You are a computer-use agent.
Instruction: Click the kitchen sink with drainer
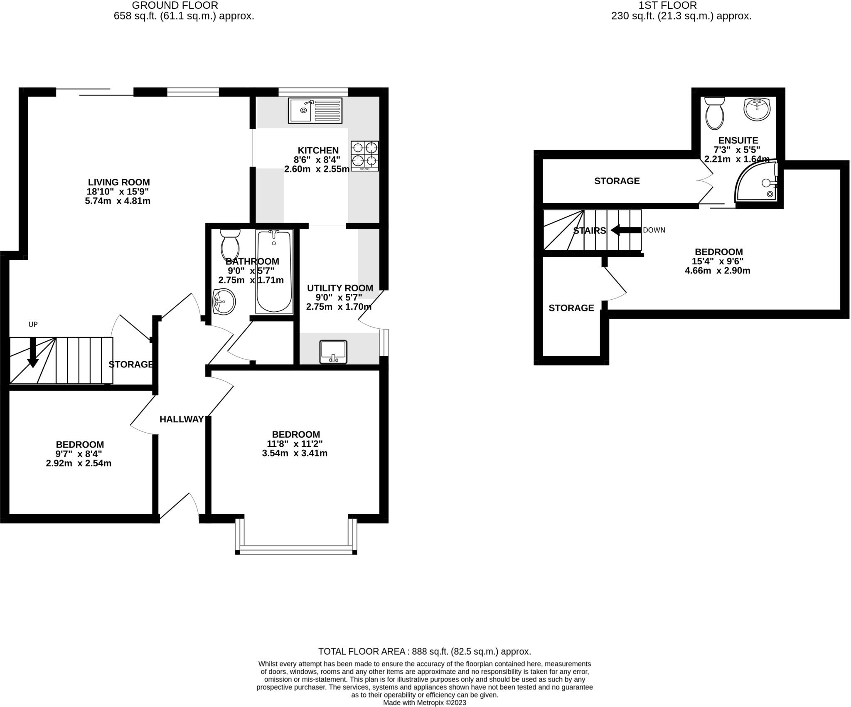pos(315,111)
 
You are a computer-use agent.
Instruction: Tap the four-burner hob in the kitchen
pos(365,156)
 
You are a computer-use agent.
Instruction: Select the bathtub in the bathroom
pos(274,271)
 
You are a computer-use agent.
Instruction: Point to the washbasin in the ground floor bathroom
pos(224,301)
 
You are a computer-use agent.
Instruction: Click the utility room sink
pos(333,352)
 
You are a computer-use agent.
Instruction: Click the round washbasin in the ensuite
pos(757,109)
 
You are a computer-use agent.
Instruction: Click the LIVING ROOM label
pos(119,182)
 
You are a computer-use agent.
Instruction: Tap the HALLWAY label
pos(182,419)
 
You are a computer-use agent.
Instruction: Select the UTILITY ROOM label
pos(340,288)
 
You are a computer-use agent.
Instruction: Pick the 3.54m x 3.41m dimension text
pos(295,453)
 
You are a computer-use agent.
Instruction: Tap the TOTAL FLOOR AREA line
pos(424,651)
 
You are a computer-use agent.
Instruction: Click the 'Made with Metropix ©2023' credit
pos(424,703)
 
